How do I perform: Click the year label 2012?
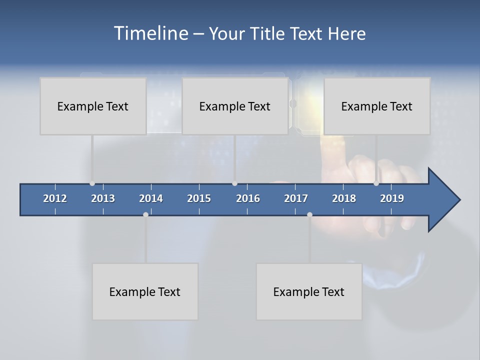55,198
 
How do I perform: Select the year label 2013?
103,198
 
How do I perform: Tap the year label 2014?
151,198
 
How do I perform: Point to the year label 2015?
199,198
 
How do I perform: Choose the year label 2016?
248,198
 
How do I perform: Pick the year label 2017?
296,198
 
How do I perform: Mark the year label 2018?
344,198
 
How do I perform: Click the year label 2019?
392,198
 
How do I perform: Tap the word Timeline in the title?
151,33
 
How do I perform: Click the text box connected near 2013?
93,106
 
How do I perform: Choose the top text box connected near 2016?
235,106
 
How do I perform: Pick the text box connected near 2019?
377,106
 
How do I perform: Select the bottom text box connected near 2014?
145,291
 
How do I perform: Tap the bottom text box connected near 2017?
309,291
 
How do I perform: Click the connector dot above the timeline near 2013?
92,183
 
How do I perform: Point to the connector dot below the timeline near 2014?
145,214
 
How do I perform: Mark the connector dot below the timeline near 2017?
309,214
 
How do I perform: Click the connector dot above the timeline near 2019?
376,183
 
